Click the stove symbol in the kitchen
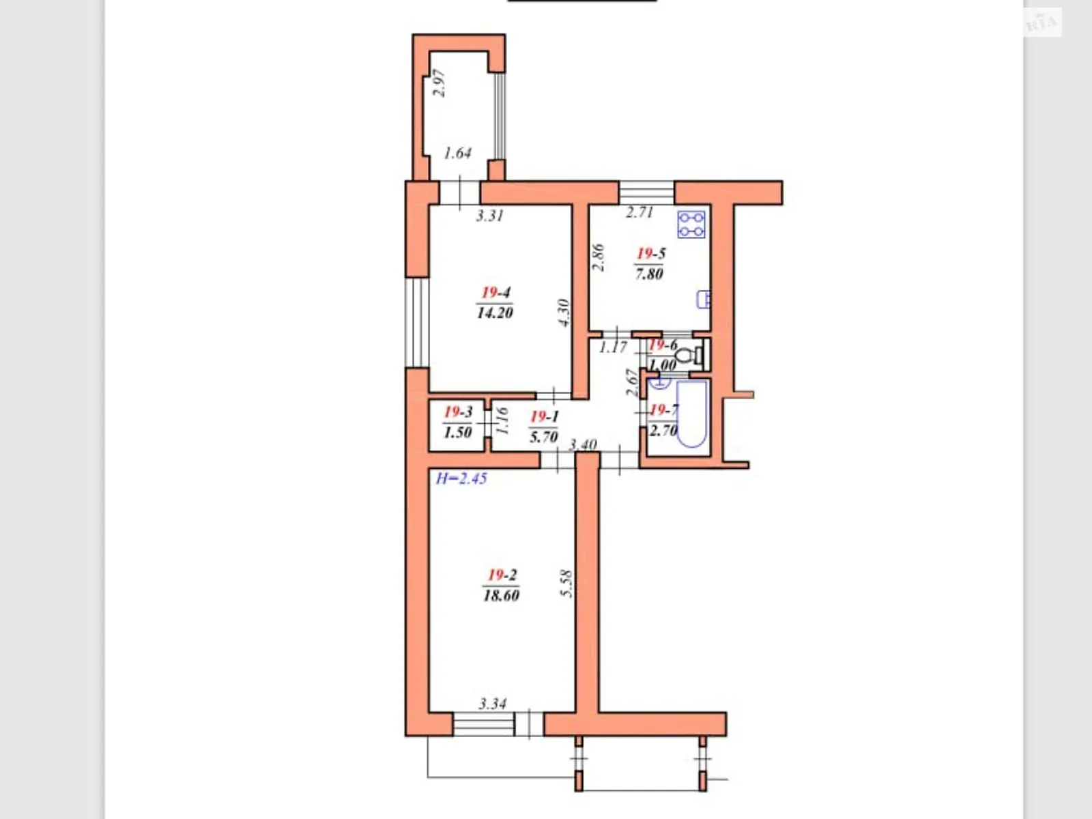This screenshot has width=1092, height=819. point(691,225)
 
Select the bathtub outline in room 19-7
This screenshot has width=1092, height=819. point(692,416)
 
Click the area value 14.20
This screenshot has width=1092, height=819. point(495,313)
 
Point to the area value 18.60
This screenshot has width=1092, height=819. point(501,595)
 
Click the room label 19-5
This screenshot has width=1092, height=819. point(650,254)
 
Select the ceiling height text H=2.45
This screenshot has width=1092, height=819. point(461,478)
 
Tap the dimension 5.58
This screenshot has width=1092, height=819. point(566,584)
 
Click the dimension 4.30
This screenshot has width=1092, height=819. point(564,313)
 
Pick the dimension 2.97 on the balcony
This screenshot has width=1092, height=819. point(440,83)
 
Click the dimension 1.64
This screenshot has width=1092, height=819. point(457,153)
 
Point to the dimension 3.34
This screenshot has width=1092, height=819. point(492,704)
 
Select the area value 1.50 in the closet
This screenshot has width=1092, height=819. point(457,432)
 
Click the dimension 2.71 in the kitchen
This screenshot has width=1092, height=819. point(640,212)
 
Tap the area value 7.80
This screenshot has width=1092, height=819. point(649,274)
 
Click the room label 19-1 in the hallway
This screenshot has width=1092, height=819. point(544,416)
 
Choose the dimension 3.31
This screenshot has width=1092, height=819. point(489,216)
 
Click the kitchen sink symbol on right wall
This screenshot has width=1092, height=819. point(703,299)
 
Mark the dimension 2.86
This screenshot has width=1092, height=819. point(598,258)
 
